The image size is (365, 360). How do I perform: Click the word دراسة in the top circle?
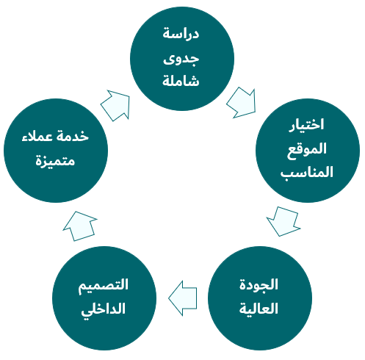tap(181, 33)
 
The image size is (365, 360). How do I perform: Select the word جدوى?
tap(181, 59)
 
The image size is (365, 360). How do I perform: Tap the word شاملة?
tap(181, 80)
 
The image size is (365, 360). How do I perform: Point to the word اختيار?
tap(306, 125)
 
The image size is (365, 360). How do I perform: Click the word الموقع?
tap(307, 150)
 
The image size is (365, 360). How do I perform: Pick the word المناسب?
tap(307, 172)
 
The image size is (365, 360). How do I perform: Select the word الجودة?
tap(259, 284)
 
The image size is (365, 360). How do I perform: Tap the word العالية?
tap(259, 308)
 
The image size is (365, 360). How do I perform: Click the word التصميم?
tap(104, 286)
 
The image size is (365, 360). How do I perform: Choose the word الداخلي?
tap(104, 309)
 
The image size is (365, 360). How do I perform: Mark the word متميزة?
tap(55, 161)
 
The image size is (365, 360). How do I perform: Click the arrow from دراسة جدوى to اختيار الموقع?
tap(242, 103)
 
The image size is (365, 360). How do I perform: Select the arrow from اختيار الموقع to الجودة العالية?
tap(283, 221)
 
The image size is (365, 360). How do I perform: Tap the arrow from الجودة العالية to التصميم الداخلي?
tap(183, 298)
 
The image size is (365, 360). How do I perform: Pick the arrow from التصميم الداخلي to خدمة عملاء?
tap(80, 226)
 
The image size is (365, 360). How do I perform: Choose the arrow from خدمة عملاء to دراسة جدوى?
tap(116, 105)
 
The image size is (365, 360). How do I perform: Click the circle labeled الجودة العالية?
tap(260, 298)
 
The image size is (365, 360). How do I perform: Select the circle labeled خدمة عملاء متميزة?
tap(56, 151)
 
